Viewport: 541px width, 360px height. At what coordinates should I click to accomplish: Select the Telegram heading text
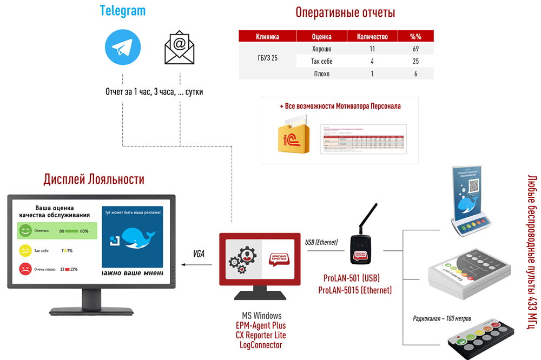point(123,11)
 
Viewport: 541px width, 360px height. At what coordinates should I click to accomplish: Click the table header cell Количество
point(373,37)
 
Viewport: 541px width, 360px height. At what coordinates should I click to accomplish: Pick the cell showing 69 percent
point(415,49)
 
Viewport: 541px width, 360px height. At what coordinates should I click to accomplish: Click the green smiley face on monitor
point(25,231)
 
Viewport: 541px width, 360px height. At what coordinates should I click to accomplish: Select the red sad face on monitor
point(25,269)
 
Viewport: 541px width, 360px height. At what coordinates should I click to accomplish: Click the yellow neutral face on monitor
point(25,250)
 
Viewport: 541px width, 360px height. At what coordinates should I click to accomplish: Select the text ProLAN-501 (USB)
point(352,278)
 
